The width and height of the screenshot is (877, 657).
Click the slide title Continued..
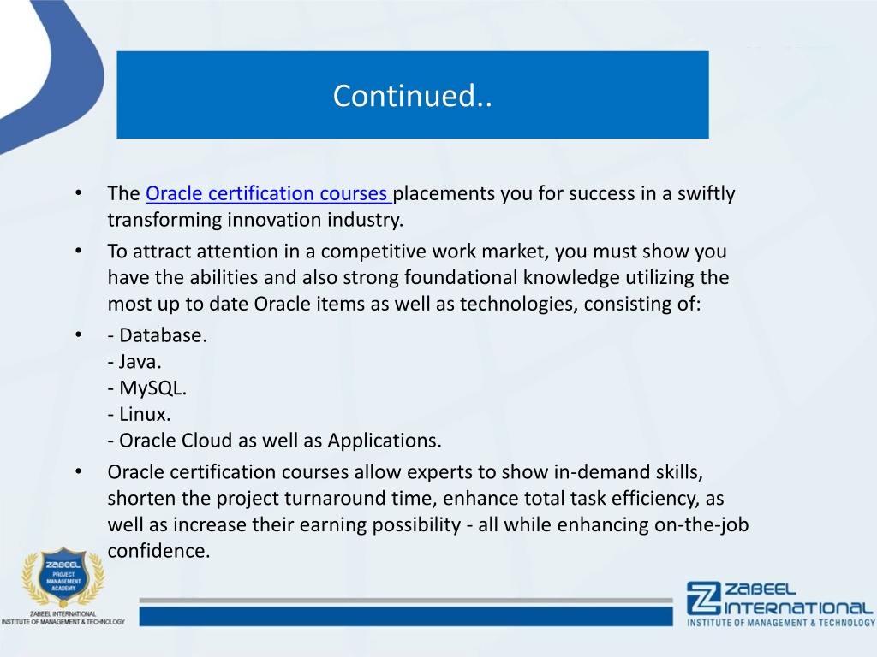tap(413, 96)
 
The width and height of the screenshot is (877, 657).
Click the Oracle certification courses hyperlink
tap(267, 193)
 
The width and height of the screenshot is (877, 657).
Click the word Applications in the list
tap(385, 441)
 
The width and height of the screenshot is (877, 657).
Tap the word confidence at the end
tap(158, 551)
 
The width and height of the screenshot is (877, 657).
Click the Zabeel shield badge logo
tap(63, 577)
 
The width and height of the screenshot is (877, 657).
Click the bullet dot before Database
tap(78, 335)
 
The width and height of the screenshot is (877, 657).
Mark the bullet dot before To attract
tap(78, 252)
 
